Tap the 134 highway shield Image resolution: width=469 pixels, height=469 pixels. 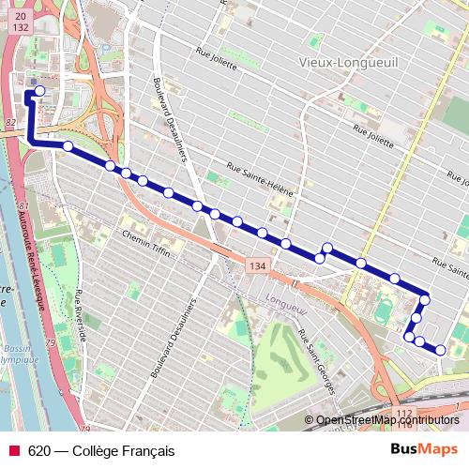(257, 267)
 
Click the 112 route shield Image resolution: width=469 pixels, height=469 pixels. (404, 413)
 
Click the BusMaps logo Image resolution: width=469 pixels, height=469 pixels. (424, 450)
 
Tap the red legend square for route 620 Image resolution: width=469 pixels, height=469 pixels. (15, 451)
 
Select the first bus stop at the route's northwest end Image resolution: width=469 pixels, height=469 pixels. (38, 91)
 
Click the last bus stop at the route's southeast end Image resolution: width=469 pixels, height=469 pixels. (441, 351)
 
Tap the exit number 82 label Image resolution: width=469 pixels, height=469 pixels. (9, 123)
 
